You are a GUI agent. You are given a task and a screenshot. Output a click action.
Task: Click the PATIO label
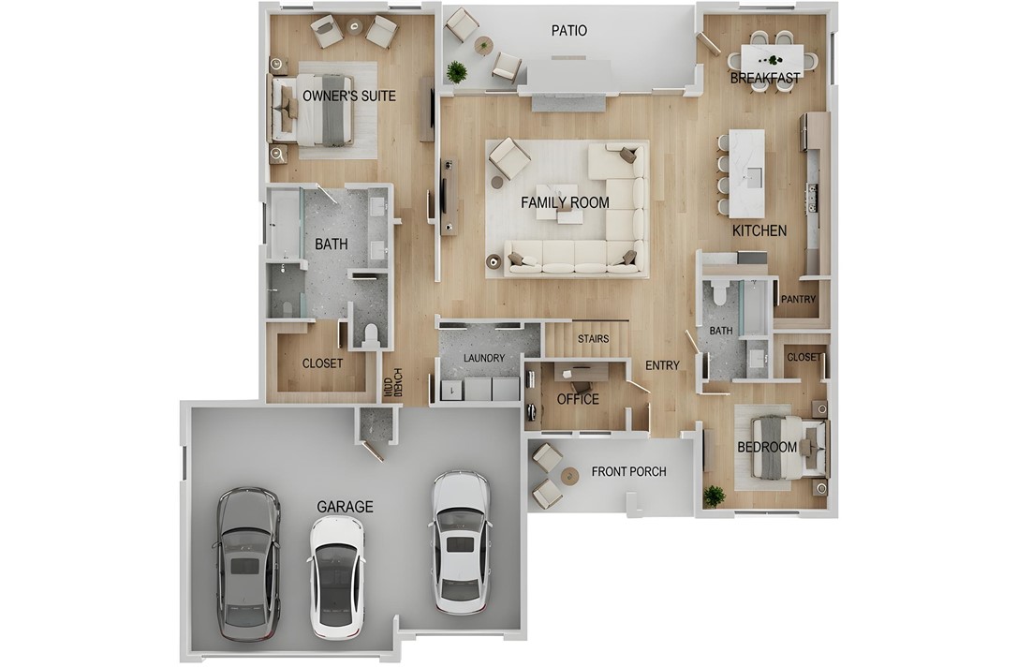point(568,31)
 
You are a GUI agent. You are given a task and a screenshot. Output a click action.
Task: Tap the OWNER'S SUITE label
point(348,96)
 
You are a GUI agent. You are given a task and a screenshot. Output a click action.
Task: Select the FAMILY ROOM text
point(565,202)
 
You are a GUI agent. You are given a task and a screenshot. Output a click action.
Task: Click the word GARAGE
point(345,507)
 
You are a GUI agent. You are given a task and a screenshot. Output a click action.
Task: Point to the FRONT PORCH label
point(628,471)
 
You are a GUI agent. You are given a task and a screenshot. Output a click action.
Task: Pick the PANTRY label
point(799,300)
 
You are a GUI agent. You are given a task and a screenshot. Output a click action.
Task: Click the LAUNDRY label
point(484,358)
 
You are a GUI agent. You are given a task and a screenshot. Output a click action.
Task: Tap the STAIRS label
point(593,338)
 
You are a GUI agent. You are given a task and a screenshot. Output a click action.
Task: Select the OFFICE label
point(578,399)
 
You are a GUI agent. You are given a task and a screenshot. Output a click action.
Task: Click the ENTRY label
point(662,365)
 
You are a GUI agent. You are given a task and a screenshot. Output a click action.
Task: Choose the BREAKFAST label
point(765,79)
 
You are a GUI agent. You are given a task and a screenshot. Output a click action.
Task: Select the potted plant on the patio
point(457,71)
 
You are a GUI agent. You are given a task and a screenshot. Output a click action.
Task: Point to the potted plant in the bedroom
point(715,495)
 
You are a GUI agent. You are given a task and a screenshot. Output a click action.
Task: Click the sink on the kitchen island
point(755,174)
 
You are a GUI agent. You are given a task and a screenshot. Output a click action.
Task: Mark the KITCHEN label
point(759,230)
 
